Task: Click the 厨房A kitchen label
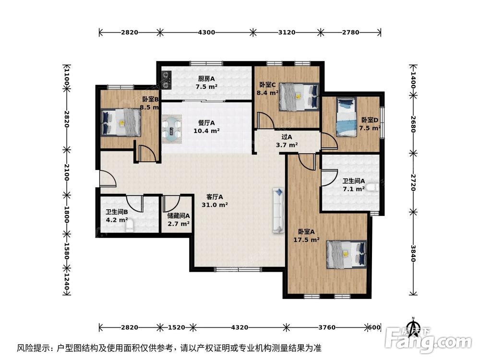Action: (206, 79)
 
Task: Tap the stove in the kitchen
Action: (166, 80)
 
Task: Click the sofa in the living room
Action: (278, 211)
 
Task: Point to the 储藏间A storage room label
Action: (179, 216)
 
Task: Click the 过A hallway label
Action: (287, 137)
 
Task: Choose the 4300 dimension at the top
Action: (206, 33)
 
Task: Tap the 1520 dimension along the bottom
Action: (177, 327)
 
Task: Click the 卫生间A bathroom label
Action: (353, 181)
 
